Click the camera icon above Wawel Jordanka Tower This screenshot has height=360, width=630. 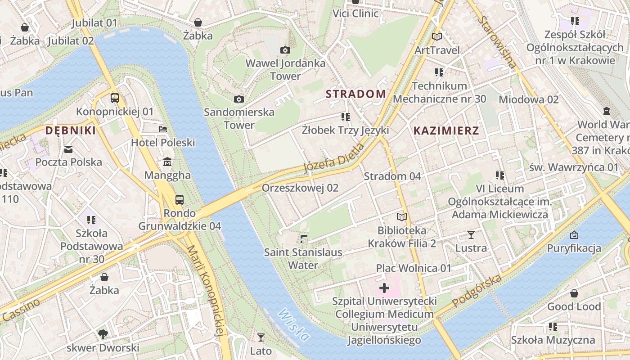point(285,50)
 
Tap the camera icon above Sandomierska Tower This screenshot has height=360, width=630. point(239,99)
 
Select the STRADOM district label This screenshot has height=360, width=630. point(355,94)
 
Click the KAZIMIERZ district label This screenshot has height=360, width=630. point(446,131)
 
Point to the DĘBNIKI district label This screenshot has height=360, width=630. point(71,131)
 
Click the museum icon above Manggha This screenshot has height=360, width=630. point(167,162)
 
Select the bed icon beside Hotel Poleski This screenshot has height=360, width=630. point(163,129)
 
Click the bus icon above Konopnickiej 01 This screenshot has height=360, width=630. point(115,98)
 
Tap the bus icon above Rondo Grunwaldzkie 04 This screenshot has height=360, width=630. point(180,199)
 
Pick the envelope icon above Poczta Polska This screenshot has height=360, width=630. point(68,149)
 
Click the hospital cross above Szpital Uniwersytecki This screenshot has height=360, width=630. point(384,288)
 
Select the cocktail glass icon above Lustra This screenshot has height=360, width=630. point(471,234)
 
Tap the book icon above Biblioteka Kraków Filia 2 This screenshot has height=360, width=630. point(402,217)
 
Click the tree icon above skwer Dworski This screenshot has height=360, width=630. point(103,334)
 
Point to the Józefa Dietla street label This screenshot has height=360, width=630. point(333,158)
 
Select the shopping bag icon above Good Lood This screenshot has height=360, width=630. point(574,294)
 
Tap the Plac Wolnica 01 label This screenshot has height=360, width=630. point(414,268)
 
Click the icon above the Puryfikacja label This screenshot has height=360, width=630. point(574,235)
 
